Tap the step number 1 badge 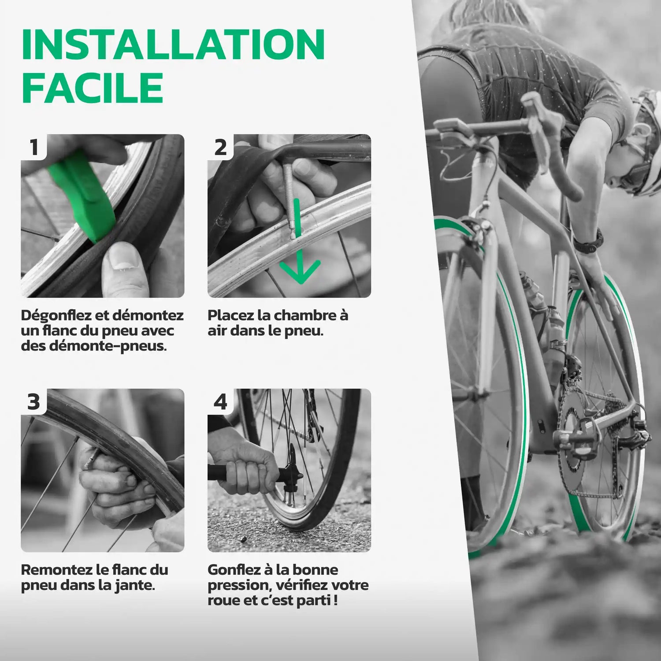[34, 148]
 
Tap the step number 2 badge [221, 148]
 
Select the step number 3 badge [34, 402]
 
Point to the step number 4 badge [220, 402]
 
